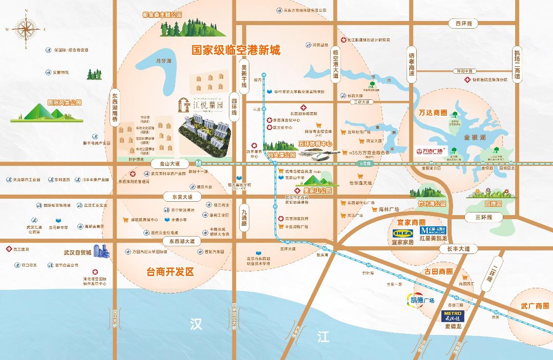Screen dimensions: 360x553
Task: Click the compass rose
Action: click(26, 30)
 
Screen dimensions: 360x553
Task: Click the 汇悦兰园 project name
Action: click(204, 108)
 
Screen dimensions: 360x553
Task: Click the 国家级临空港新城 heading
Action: click(236, 50)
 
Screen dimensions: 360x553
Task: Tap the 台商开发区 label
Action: click(171, 272)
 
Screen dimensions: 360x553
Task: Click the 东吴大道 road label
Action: click(179, 197)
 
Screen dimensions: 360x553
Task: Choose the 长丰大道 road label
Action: click(458, 248)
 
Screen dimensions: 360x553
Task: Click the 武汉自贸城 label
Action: click(77, 252)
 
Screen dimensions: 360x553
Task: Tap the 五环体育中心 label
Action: click(319, 144)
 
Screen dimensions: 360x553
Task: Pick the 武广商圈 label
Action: click(535, 306)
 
